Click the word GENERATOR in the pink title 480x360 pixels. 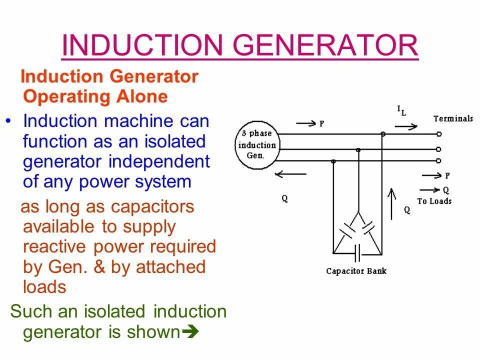[x=326, y=46]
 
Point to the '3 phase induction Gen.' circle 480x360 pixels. [x=256, y=145]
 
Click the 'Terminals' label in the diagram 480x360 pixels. [x=453, y=118]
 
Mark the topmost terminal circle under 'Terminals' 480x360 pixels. [x=438, y=134]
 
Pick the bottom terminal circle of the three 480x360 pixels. [x=438, y=160]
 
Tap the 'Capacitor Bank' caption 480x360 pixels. [x=356, y=271]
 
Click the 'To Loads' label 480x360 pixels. [x=434, y=201]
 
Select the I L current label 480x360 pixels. [x=401, y=110]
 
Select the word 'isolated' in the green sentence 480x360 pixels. [x=115, y=311]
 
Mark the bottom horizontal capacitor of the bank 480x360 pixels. [x=357, y=253]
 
